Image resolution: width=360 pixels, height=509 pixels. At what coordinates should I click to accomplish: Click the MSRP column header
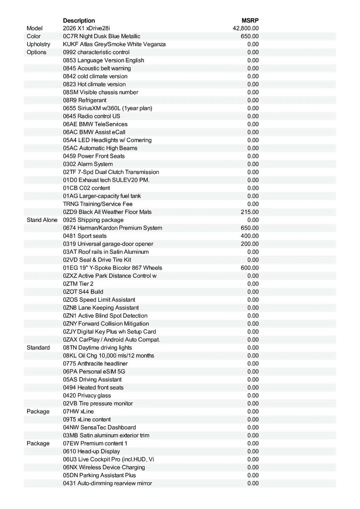[250, 20]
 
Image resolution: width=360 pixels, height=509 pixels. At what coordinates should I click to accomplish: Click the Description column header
[79, 20]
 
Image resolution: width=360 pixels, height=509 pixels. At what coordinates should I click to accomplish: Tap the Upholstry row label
[38, 44]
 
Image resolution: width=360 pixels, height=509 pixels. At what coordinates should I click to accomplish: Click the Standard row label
[38, 347]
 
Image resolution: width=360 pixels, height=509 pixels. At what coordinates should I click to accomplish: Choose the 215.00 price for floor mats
[250, 212]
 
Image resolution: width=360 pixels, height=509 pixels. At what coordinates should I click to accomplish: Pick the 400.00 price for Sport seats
[250, 236]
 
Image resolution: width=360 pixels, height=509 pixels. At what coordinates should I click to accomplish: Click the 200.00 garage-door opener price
[250, 244]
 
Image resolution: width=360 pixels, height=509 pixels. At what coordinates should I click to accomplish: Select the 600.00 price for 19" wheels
[250, 268]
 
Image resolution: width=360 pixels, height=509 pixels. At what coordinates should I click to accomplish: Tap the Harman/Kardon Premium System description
[112, 228]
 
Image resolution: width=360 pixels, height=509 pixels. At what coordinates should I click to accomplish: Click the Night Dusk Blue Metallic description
[101, 36]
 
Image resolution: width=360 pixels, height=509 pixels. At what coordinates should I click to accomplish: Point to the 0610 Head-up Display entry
[91, 451]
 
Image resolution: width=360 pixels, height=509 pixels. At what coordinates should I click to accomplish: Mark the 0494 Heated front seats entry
[93, 387]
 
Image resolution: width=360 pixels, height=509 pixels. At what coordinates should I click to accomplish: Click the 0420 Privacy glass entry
[87, 395]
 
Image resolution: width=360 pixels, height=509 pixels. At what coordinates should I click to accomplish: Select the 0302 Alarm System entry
[88, 164]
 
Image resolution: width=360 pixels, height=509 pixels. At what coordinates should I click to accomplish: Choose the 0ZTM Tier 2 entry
[78, 284]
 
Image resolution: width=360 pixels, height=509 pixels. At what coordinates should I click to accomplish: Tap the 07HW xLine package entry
[79, 411]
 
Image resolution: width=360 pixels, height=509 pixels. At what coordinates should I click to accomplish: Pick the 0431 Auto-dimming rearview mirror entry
[107, 483]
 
